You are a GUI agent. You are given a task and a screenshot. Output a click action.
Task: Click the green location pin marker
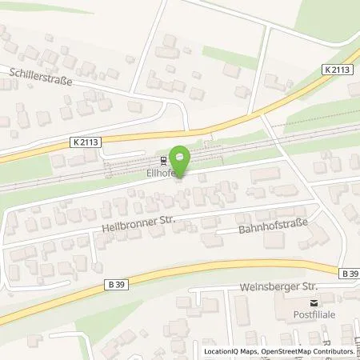pyautogui.click(x=182, y=158)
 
